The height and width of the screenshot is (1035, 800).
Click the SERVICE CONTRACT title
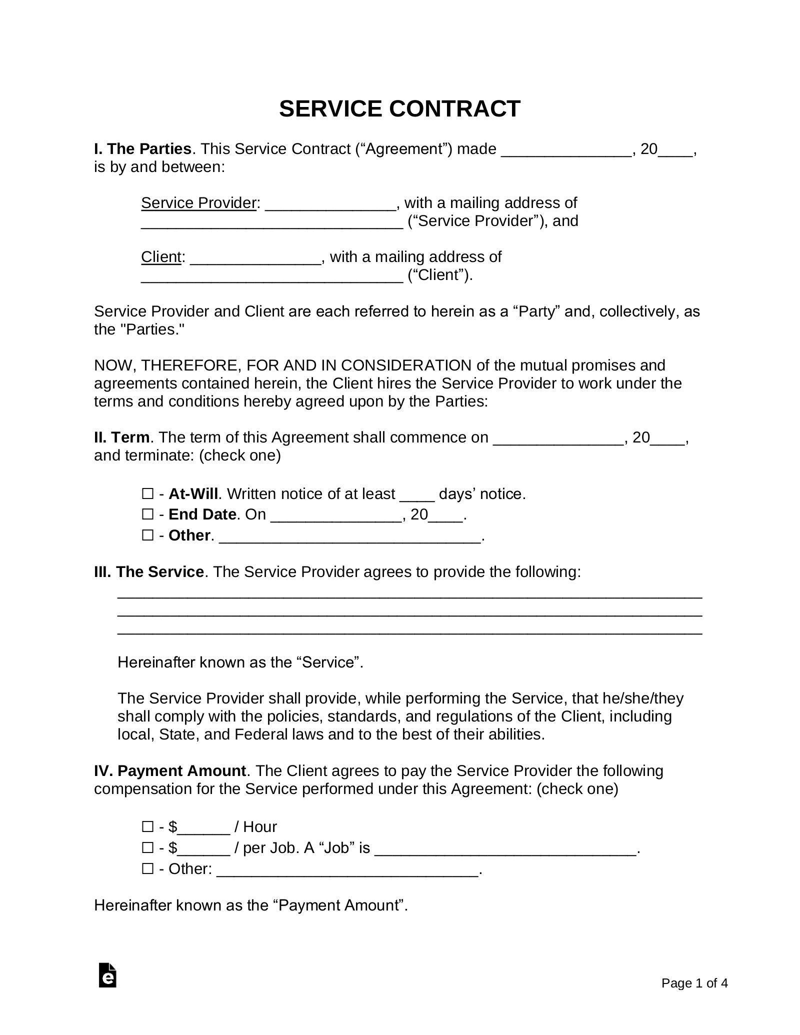(x=399, y=109)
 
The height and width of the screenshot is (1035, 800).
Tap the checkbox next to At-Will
(x=147, y=494)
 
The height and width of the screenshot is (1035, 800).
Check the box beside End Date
(x=147, y=514)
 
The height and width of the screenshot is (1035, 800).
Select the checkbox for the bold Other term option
(x=147, y=535)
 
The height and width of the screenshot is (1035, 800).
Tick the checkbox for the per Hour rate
(x=147, y=827)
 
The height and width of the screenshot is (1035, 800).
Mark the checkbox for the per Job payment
(x=147, y=848)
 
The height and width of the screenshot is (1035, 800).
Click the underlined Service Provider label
(x=198, y=203)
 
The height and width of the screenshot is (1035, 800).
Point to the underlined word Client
(x=160, y=257)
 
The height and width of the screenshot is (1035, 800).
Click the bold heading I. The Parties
(x=143, y=149)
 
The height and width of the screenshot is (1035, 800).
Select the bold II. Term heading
(x=122, y=437)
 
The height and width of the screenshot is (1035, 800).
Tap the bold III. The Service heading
(x=149, y=572)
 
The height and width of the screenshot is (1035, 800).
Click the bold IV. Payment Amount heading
(x=170, y=771)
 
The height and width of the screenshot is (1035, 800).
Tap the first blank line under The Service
(x=409, y=596)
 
